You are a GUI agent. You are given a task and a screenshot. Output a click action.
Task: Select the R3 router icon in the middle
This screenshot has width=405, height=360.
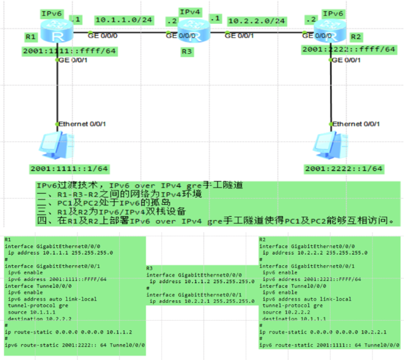[x=196, y=30]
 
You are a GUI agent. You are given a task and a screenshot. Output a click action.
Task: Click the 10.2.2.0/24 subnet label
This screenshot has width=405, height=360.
[x=257, y=21]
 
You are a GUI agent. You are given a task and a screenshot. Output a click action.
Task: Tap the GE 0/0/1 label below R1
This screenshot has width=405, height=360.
[x=74, y=60]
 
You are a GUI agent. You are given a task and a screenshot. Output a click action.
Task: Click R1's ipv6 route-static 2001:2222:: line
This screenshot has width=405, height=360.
[x=74, y=345]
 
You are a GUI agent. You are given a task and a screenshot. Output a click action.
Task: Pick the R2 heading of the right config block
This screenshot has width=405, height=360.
[x=262, y=239]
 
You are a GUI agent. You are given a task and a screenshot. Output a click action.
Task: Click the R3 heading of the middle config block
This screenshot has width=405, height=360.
[x=150, y=267]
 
